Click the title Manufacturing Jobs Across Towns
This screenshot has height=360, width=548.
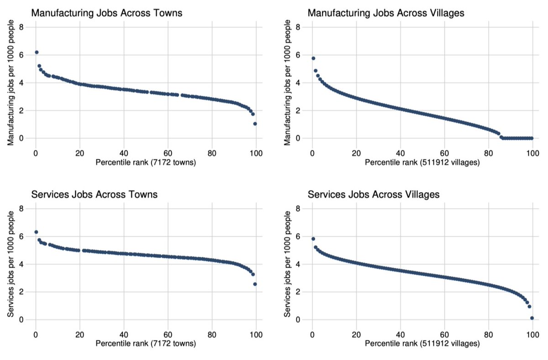[106, 13]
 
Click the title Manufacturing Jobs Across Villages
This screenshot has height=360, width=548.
[386, 13]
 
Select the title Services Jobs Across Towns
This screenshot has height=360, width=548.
[94, 194]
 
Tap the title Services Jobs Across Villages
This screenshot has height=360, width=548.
[374, 194]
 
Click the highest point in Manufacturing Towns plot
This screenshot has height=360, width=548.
[37, 52]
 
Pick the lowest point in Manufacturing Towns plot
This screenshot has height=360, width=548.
[255, 124]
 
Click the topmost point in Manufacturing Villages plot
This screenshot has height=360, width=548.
[313, 58]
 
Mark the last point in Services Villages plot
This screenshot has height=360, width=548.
[532, 318]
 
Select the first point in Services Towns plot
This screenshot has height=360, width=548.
[36, 232]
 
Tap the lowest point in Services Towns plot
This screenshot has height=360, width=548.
[255, 284]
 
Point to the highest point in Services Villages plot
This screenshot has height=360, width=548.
[313, 239]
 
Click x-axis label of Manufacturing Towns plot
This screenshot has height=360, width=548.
[146, 162]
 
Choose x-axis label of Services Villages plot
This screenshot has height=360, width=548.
[422, 344]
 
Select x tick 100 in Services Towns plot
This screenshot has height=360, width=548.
[256, 334]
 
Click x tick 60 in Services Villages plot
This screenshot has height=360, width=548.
[444, 334]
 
